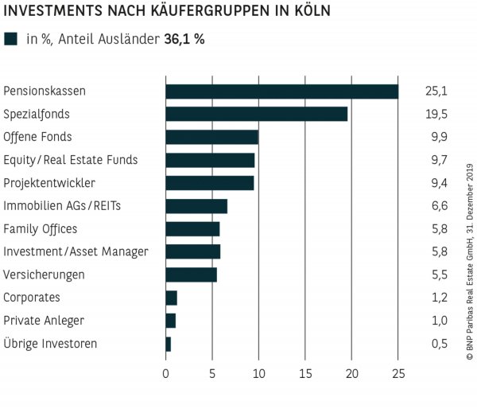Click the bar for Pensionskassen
pos(281,92)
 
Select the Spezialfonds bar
pos(256,114)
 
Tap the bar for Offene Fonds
pos(211,137)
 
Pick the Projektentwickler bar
pos(209,183)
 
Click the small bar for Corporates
pos(171,298)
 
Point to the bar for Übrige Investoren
pos(169,344)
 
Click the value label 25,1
pos(436,92)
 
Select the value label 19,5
pos(436,114)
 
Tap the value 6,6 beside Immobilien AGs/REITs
pos(436,206)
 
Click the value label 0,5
pos(436,344)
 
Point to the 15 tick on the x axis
pos(305,373)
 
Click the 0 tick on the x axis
pos(165,373)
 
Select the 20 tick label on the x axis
pos(352,373)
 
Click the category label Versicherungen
pos(44,275)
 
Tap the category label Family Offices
pos(41,229)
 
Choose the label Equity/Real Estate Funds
pos(71,160)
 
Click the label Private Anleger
pos(44,321)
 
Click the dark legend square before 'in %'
pos(11,39)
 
